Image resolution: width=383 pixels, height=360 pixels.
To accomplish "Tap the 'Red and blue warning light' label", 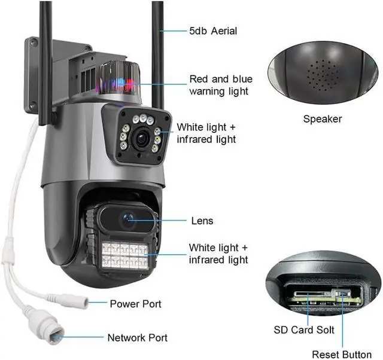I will pos(221,85).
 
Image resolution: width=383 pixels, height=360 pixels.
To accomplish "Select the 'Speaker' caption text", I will pos(322,119).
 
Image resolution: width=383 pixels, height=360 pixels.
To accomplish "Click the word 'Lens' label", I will pos(202,221).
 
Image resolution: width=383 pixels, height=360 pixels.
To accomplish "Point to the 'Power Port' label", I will pos(135,304).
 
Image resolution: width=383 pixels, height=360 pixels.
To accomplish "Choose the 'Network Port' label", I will pos(137,338).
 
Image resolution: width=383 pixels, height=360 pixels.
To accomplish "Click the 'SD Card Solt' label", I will pos(303,330).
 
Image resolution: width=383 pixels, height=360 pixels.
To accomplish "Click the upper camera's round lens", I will pos(141,137).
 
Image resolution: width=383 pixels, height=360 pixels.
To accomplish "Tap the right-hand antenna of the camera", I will pos(158,48).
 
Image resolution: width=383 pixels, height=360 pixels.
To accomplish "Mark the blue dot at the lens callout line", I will pos(127,221).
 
